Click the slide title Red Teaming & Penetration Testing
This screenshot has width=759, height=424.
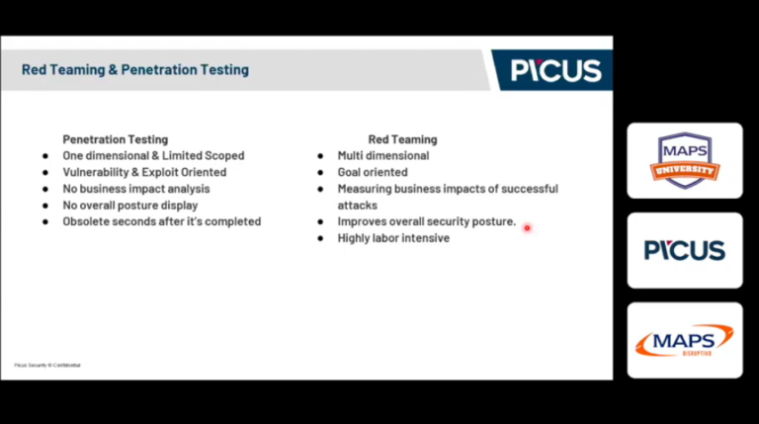pyautogui.click(x=135, y=70)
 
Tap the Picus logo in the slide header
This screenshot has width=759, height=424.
pyautogui.click(x=555, y=70)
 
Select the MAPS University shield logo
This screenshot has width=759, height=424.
pyautogui.click(x=684, y=160)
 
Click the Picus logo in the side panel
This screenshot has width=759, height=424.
pyautogui.click(x=684, y=250)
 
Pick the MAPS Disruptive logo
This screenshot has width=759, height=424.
pyautogui.click(x=684, y=341)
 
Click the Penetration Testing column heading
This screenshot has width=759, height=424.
pyautogui.click(x=116, y=139)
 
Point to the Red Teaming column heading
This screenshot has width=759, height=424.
pyautogui.click(x=402, y=139)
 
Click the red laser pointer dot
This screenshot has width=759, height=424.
pyautogui.click(x=527, y=227)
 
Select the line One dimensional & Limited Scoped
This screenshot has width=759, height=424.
pyautogui.click(x=153, y=155)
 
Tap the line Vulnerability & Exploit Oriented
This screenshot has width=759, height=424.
pyautogui.click(x=144, y=172)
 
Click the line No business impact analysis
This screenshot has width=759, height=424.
pyautogui.click(x=136, y=189)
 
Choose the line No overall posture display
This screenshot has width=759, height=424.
pyautogui.click(x=130, y=205)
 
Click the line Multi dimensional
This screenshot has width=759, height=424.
pyautogui.click(x=383, y=155)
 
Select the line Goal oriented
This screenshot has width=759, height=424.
pyautogui.click(x=373, y=172)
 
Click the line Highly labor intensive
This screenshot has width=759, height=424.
pyautogui.click(x=393, y=238)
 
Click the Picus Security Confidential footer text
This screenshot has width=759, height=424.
pyautogui.click(x=47, y=365)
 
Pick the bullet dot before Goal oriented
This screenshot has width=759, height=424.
pyautogui.click(x=321, y=172)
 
